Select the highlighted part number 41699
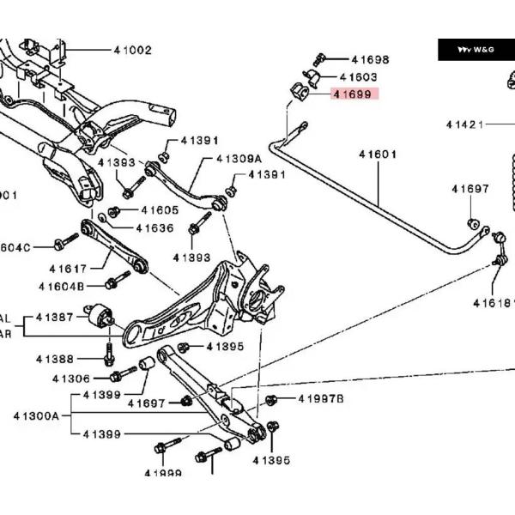coord(353,94)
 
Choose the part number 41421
coord(463,124)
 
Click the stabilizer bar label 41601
coord(378,154)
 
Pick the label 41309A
coord(239,159)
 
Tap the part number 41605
coord(160,210)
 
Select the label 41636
coord(154,228)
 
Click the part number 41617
coord(67,269)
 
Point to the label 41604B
coord(62,286)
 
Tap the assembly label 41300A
coord(36,415)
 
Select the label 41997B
coord(321,399)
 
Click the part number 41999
coord(163,473)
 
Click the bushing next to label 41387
coord(100,316)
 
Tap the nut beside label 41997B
coord(271,400)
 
